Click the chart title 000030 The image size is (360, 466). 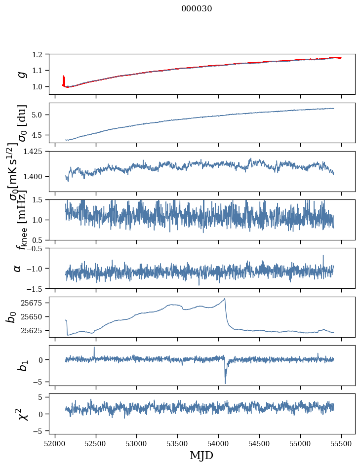[197, 9]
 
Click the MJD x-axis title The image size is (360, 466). [201, 456]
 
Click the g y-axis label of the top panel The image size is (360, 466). [21, 74]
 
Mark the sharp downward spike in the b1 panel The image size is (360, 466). [225, 382]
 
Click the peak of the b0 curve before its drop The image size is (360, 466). [225, 299]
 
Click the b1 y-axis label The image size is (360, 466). [21, 365]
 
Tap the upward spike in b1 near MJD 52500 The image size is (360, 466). [94, 348]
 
